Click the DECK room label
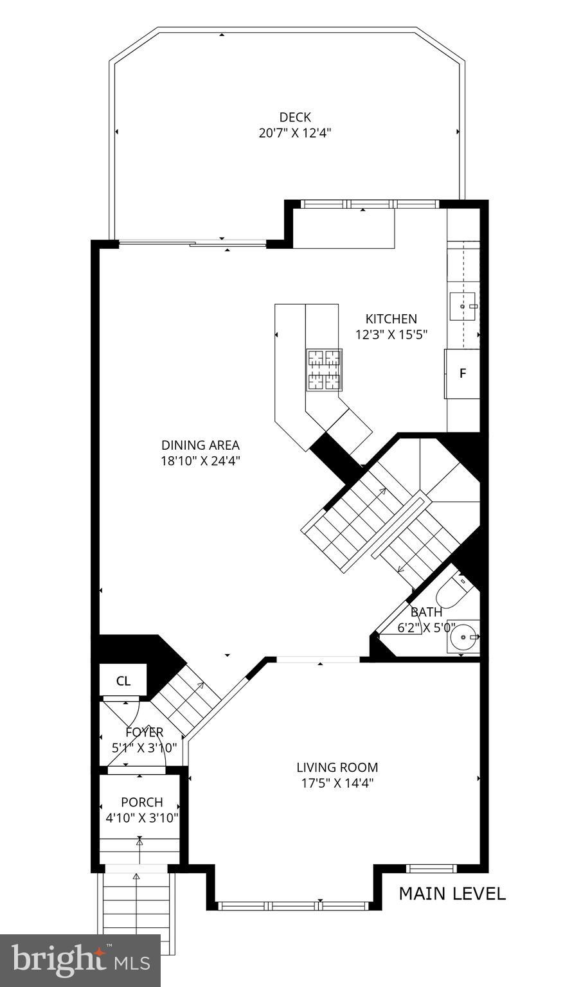pos(294,117)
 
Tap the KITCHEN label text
pos(391,319)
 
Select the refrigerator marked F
pos(462,373)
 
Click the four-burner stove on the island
pos(324,369)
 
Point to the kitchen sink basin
pos(463,307)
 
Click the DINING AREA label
pos(200,445)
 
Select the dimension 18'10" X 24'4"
pos(200,461)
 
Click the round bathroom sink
pos(463,637)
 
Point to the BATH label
pos(426,612)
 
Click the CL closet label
pos(123,681)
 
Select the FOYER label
pos(144,732)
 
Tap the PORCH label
pos(141,802)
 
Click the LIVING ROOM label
pos(337,767)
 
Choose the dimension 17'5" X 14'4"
pos(337,783)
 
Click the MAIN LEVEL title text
pos(452,893)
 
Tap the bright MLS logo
pos(80,961)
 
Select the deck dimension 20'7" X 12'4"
pos(294,133)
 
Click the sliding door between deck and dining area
pos(193,243)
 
